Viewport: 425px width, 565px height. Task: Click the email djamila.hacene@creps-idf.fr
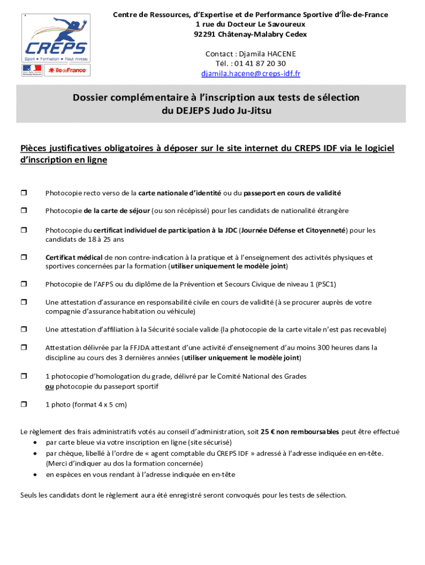(x=251, y=73)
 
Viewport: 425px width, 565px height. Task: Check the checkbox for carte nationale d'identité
(x=24, y=193)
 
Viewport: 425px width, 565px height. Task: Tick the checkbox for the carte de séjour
(x=24, y=211)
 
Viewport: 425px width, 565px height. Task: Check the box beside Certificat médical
(x=24, y=257)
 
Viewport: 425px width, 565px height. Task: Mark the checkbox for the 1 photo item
(x=24, y=404)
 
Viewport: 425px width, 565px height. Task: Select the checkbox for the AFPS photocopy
(x=24, y=284)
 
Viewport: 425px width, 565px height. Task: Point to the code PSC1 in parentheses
(x=325, y=284)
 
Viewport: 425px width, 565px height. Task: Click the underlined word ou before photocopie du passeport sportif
(x=49, y=386)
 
